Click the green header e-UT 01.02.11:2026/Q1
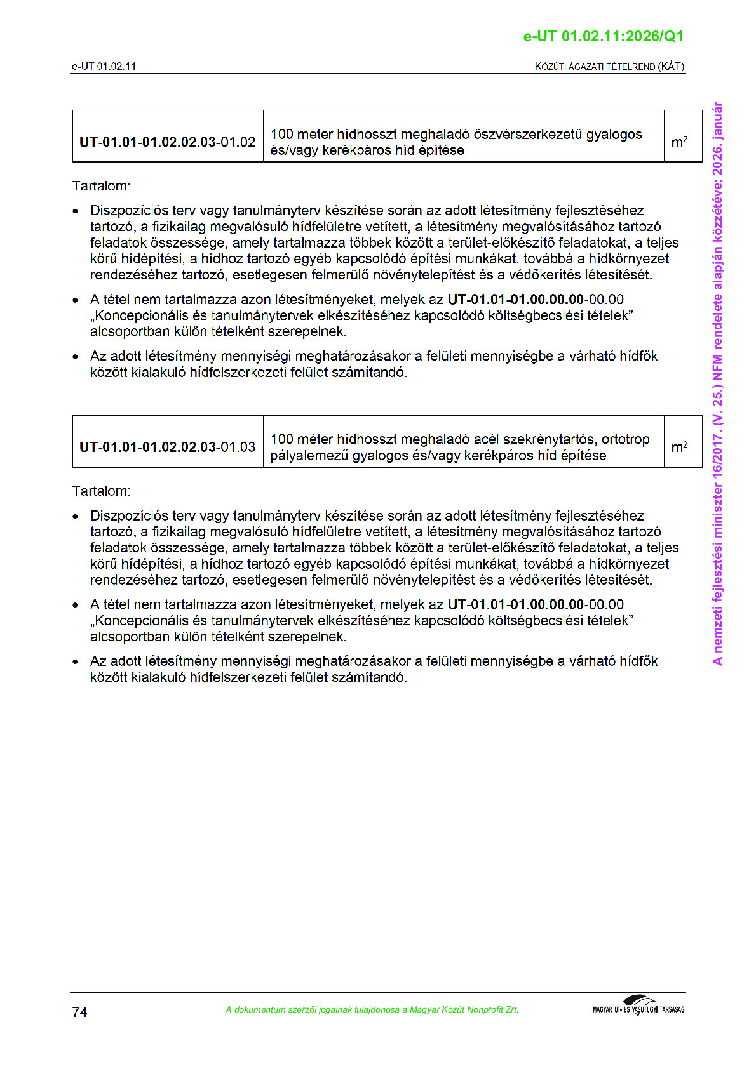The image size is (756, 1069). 603,36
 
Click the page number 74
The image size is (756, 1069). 79,1012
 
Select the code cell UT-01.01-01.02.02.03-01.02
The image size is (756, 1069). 167,142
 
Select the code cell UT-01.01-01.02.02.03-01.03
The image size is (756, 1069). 167,447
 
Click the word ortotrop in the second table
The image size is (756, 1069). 625,439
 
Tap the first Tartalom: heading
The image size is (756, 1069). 101,186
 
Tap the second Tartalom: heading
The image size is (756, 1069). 101,491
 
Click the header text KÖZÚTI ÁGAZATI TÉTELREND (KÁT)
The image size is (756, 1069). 609,67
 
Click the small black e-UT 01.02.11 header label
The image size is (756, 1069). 104,67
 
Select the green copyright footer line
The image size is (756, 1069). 372,1009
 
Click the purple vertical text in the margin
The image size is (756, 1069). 717,383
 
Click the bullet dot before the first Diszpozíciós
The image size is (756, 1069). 76,211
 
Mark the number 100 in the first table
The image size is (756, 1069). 281,135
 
